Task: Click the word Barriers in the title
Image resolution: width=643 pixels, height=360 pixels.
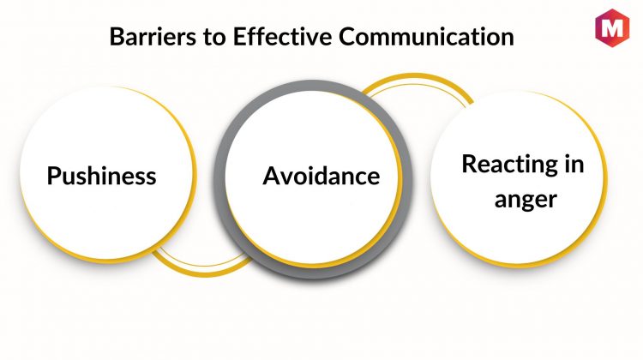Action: coord(146,39)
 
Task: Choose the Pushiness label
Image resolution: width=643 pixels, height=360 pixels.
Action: coord(101,177)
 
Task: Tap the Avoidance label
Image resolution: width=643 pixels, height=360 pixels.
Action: coord(321,177)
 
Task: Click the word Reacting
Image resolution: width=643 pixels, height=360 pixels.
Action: coord(504,165)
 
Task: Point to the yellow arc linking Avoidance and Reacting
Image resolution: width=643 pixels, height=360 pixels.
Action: coord(420,79)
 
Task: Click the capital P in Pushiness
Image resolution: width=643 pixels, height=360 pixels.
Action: coord(53,177)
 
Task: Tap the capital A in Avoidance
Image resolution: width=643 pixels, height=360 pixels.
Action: coord(271,177)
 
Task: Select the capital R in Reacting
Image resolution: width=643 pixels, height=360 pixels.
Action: coord(468,165)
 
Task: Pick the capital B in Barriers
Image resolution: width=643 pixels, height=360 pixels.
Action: coord(117,39)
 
